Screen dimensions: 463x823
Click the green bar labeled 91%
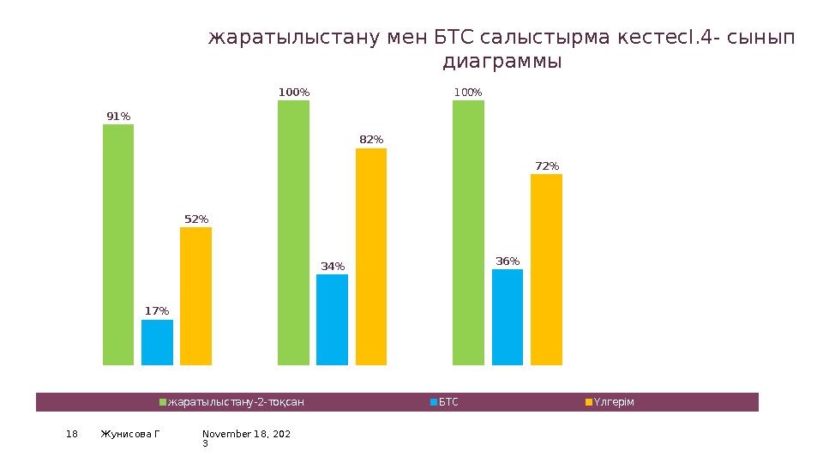(118, 244)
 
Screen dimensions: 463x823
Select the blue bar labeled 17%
(157, 342)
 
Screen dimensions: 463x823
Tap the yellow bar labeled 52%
(195, 296)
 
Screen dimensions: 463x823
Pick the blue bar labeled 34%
(332, 319)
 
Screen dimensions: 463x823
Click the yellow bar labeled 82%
(371, 256)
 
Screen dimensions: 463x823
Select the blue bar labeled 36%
(508, 316)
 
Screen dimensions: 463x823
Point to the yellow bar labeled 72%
(546, 269)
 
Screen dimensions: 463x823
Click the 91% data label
(118, 116)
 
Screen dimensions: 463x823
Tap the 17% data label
(157, 311)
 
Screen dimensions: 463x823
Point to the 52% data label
(196, 219)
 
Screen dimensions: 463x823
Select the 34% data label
(333, 266)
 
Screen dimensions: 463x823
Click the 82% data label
(371, 139)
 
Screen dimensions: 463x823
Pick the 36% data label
(508, 261)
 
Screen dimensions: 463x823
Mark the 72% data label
(547, 165)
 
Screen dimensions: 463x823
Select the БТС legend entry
(448, 402)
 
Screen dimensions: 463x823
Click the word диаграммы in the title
(502, 62)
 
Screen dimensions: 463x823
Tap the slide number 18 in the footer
(72, 435)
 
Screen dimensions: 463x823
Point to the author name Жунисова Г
(129, 435)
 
